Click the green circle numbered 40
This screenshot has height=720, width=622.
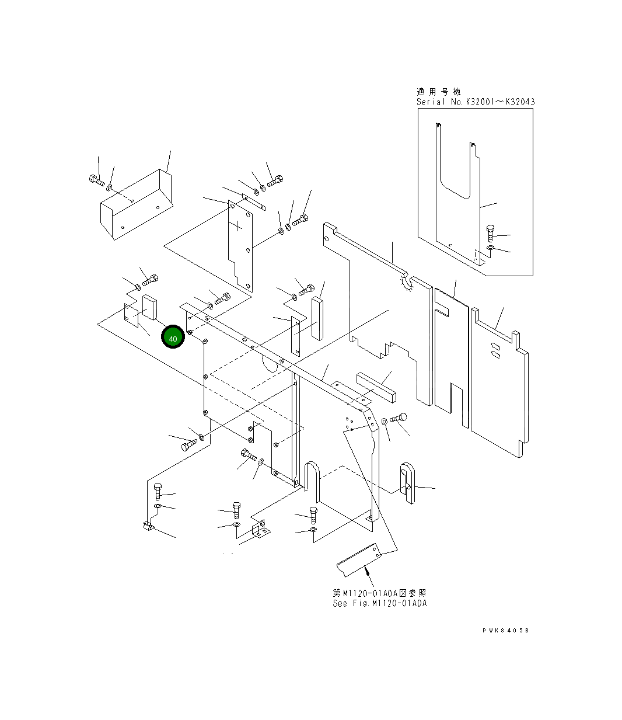pyautogui.click(x=173, y=338)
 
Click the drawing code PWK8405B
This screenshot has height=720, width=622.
pyautogui.click(x=506, y=631)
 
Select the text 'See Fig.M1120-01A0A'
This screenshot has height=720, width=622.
pyautogui.click(x=379, y=603)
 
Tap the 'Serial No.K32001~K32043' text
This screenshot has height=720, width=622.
pyautogui.click(x=476, y=102)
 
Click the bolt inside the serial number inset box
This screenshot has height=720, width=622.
pyautogui.click(x=490, y=233)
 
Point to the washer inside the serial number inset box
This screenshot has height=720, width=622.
pyautogui.click(x=490, y=249)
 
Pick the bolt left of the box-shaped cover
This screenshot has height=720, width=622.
pyautogui.click(x=96, y=180)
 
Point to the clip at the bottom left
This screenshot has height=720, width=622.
pyautogui.click(x=147, y=527)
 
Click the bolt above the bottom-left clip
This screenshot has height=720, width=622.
pyautogui.click(x=156, y=491)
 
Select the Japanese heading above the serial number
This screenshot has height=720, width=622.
pyautogui.click(x=438, y=92)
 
